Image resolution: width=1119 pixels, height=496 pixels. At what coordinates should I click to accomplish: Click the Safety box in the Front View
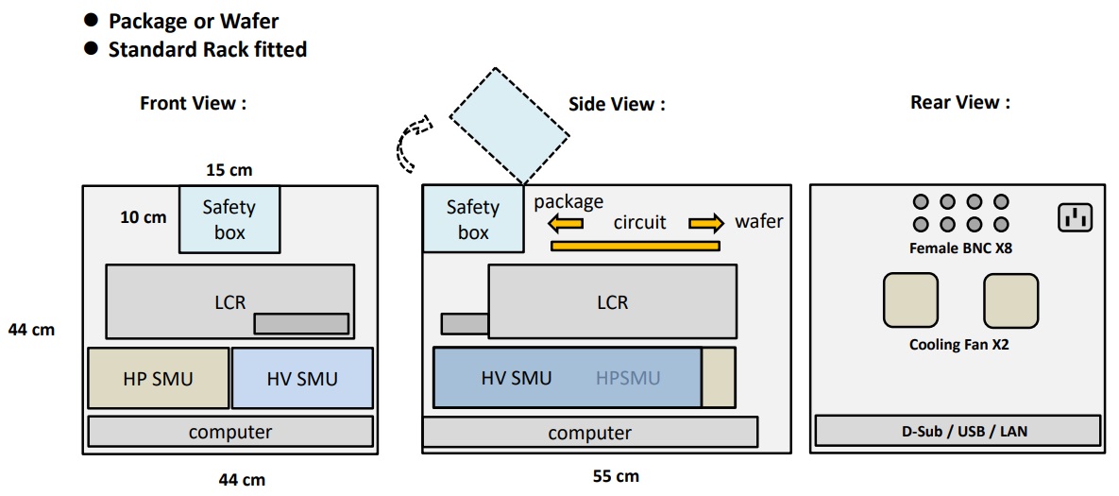click(229, 219)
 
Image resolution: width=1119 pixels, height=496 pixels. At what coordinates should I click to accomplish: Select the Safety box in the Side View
click(472, 219)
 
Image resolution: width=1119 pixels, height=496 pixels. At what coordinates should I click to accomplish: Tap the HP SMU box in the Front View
click(158, 378)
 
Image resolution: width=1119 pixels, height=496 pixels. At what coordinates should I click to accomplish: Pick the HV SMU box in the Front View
click(302, 378)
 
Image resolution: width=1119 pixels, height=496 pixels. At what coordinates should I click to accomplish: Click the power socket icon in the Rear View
click(1075, 219)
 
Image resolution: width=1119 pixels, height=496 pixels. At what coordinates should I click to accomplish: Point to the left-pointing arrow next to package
click(567, 224)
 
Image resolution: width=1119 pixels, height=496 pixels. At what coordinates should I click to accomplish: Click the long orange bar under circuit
click(635, 247)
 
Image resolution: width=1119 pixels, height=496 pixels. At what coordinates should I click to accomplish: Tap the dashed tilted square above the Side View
click(510, 123)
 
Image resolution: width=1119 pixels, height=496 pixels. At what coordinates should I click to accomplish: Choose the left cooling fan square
click(910, 301)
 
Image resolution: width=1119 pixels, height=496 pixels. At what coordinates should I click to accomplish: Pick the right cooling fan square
click(1009, 301)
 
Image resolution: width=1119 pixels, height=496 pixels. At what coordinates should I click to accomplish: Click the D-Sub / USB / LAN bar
click(958, 431)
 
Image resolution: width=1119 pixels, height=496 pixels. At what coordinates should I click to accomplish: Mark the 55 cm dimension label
click(615, 476)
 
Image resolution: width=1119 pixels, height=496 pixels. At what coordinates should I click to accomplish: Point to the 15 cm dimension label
click(229, 170)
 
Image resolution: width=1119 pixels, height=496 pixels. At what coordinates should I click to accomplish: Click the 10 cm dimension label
click(143, 217)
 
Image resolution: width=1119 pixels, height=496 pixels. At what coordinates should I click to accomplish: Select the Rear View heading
click(959, 103)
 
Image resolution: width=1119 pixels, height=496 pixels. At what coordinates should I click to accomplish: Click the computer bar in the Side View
click(589, 433)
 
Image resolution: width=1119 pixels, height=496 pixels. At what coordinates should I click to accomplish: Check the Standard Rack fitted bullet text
click(207, 49)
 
